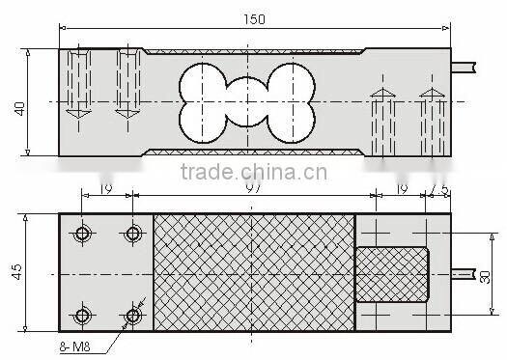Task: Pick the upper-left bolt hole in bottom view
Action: click(x=84, y=234)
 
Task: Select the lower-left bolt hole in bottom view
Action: click(x=84, y=315)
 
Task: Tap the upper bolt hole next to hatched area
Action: click(x=133, y=234)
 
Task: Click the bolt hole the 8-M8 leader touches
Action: click(x=133, y=315)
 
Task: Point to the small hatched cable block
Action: click(x=393, y=274)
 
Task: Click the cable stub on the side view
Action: click(x=465, y=65)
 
